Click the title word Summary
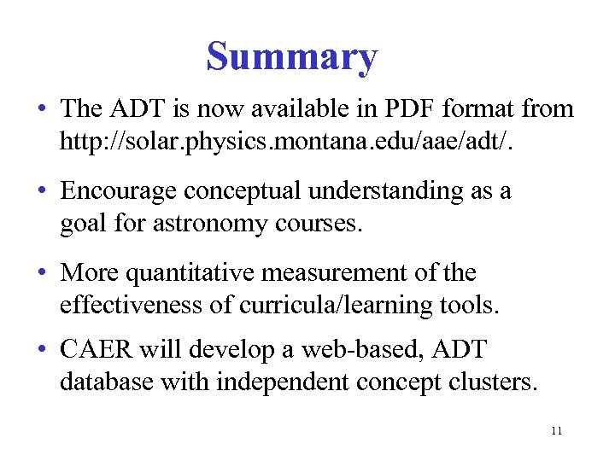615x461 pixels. [291, 57]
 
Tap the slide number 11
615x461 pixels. [556, 430]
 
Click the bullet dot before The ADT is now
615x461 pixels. [41, 109]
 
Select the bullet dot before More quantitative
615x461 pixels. [41, 274]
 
